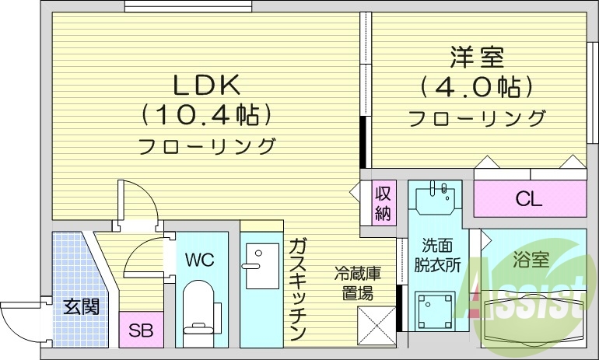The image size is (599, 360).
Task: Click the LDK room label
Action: click(x=207, y=84)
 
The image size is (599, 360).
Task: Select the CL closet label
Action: click(x=528, y=200)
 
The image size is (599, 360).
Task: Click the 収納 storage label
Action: click(x=383, y=203)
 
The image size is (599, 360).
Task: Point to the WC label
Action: click(x=199, y=259)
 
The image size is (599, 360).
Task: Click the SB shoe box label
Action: click(x=141, y=330)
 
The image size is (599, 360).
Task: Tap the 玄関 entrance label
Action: click(x=80, y=306)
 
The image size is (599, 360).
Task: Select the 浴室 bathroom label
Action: click(x=531, y=260)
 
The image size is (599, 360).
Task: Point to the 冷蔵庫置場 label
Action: click(x=358, y=282)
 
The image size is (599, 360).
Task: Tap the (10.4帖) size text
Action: click(x=207, y=115)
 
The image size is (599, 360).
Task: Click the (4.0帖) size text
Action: click(x=476, y=86)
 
